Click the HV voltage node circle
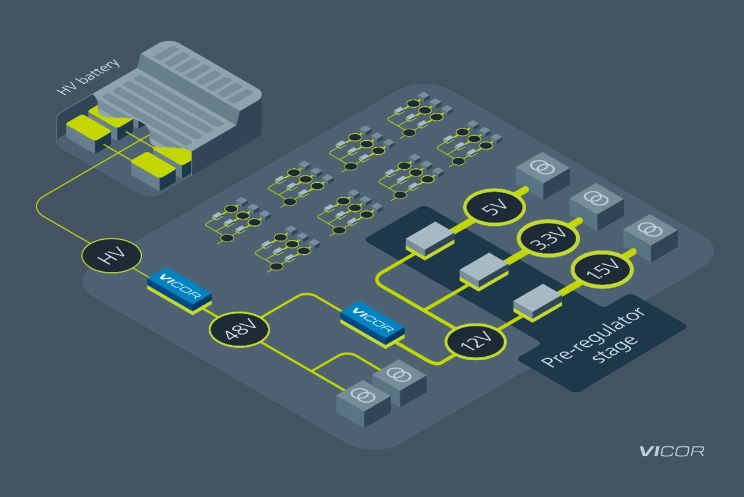111,256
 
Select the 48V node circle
239,330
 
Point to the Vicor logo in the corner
671,451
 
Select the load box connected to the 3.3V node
596,204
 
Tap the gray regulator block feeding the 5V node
430,240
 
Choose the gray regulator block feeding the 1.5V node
538,301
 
